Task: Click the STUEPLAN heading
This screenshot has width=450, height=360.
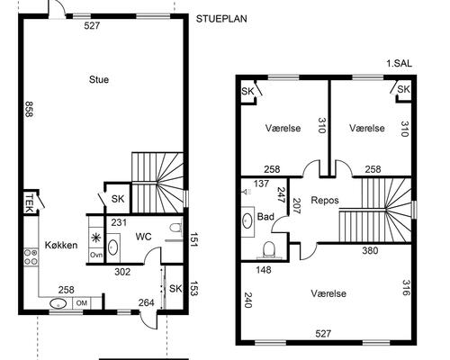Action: [221, 19]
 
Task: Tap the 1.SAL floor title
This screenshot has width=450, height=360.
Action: [400, 64]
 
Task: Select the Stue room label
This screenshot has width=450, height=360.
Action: [99, 80]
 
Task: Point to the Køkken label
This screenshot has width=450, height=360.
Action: [61, 245]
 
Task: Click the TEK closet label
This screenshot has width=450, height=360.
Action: [29, 202]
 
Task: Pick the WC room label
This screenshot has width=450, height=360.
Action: [143, 237]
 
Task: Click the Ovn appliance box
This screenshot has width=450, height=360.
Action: [96, 255]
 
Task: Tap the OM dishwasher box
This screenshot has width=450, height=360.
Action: [81, 303]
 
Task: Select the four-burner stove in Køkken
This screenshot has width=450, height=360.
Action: [31, 257]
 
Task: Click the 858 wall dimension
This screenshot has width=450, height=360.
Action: [29, 109]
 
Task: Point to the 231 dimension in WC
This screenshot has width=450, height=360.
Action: [119, 222]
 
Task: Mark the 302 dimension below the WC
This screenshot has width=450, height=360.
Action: [122, 272]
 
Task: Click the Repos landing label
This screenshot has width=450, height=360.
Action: [325, 200]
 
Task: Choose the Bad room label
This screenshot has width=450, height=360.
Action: [265, 217]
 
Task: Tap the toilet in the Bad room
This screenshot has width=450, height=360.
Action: [269, 250]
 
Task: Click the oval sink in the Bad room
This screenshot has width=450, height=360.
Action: [247, 220]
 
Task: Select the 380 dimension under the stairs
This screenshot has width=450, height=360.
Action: [371, 250]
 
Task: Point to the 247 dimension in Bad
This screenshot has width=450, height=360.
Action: [282, 195]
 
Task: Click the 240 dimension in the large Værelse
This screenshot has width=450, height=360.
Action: [247, 300]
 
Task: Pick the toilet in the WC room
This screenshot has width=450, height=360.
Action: [175, 227]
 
